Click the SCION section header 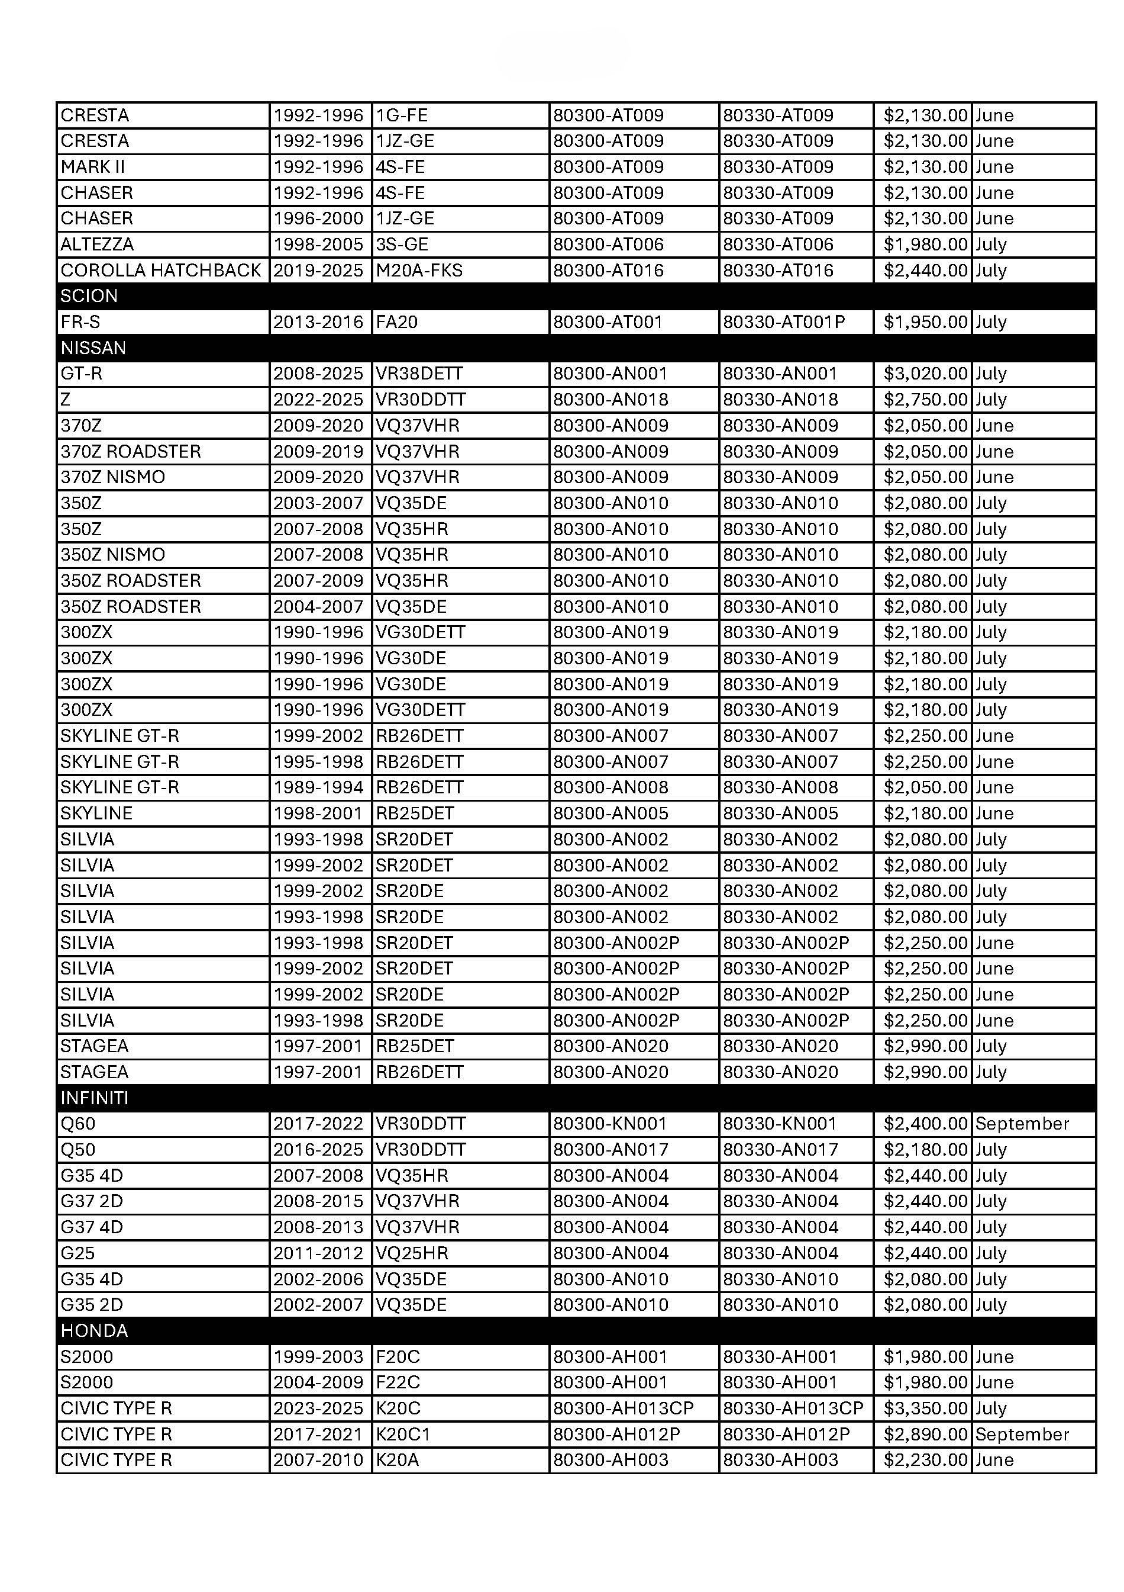click(x=89, y=296)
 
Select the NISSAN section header click(x=93, y=348)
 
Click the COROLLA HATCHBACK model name click(x=161, y=271)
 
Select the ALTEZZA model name click(x=97, y=244)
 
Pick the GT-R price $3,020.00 click(x=925, y=374)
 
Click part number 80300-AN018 click(x=610, y=400)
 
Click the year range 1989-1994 click(x=318, y=787)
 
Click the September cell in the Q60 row click(x=1022, y=1124)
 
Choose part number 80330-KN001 click(x=780, y=1124)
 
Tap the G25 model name click(x=77, y=1253)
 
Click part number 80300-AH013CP click(x=623, y=1408)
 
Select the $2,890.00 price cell click(x=925, y=1434)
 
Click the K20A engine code click(x=397, y=1459)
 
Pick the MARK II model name click(x=93, y=166)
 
